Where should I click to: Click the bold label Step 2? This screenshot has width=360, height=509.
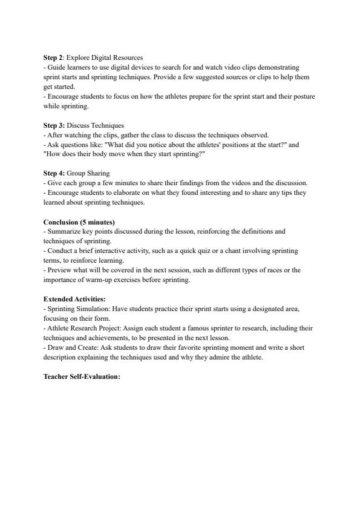(53, 57)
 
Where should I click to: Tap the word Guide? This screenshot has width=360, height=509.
(55, 67)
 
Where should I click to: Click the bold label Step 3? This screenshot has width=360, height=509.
(54, 125)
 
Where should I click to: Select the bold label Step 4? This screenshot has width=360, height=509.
(54, 173)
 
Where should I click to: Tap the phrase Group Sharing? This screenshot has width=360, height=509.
(88, 173)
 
